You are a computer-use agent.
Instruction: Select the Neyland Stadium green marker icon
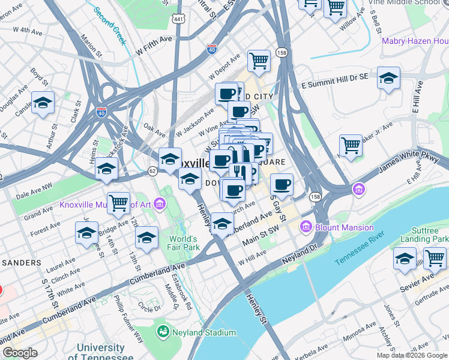click(162, 332)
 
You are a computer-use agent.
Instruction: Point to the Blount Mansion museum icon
click(306, 227)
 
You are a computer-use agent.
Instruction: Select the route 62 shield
click(153, 172)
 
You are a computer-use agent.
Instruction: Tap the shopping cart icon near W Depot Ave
click(259, 59)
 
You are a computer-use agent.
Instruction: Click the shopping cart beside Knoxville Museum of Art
click(118, 202)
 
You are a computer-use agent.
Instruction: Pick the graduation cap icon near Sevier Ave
click(405, 258)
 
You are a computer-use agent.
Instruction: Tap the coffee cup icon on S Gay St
click(281, 184)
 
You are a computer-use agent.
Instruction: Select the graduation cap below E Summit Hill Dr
click(388, 77)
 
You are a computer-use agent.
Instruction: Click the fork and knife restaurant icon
click(239, 172)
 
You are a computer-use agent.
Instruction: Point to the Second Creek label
click(109, 26)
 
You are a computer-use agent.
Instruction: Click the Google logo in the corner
click(20, 353)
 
